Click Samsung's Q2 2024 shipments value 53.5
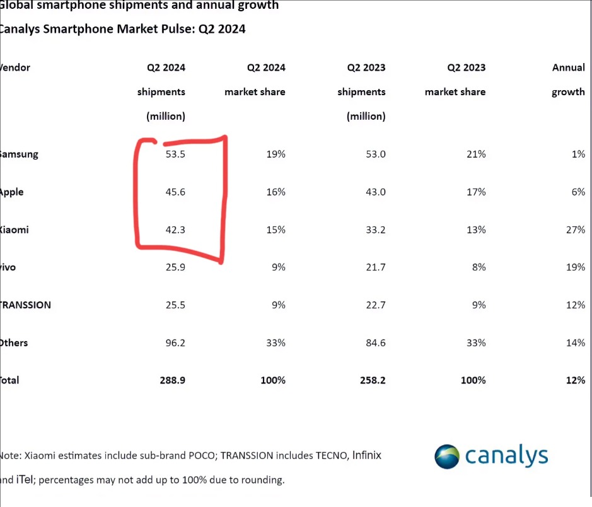pyautogui.click(x=175, y=154)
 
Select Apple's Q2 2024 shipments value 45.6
pyautogui.click(x=175, y=192)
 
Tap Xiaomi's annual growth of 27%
pyautogui.click(x=576, y=230)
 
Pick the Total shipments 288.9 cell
pyautogui.click(x=172, y=380)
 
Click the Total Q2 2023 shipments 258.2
pyautogui.click(x=372, y=380)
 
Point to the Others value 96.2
pyautogui.click(x=175, y=343)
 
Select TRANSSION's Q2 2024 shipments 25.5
pyautogui.click(x=175, y=305)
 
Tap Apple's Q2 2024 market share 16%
pyautogui.click(x=276, y=192)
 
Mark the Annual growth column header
pyautogui.click(x=568, y=79)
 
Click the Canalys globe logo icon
pyautogui.click(x=447, y=456)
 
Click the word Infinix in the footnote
pyautogui.click(x=366, y=455)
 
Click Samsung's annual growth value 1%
pyautogui.click(x=578, y=154)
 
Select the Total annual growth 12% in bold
pyautogui.click(x=576, y=380)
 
